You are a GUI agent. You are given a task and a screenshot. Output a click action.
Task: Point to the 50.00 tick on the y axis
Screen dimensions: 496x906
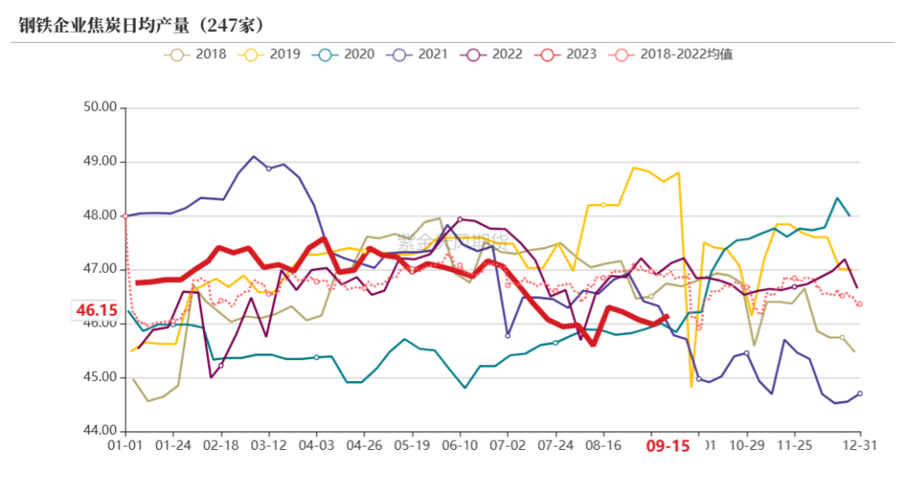point(100,107)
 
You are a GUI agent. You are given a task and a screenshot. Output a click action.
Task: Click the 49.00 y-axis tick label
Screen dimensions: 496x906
point(100,161)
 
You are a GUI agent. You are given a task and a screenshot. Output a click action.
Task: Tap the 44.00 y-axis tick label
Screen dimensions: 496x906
point(100,431)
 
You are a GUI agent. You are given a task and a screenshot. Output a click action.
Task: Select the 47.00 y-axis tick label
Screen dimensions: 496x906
point(100,269)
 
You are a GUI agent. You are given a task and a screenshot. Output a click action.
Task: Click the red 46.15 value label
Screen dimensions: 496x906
point(95,311)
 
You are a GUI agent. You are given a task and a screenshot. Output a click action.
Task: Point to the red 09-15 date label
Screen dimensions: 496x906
point(668,446)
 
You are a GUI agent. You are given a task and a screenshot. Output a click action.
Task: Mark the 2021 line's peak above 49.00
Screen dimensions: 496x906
point(253,156)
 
